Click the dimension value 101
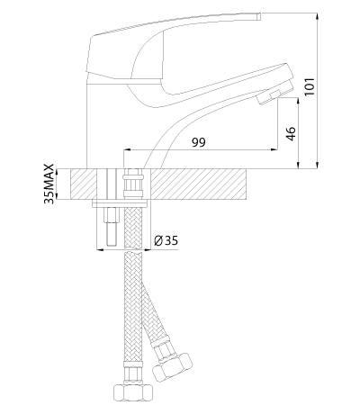coord(310,87)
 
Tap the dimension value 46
coord(291,133)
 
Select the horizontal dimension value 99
coord(199,142)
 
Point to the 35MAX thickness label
coord(49,184)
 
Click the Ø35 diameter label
coord(166,240)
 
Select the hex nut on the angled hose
coord(172,367)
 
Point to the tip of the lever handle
coord(259,16)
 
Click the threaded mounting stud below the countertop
coord(111,227)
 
